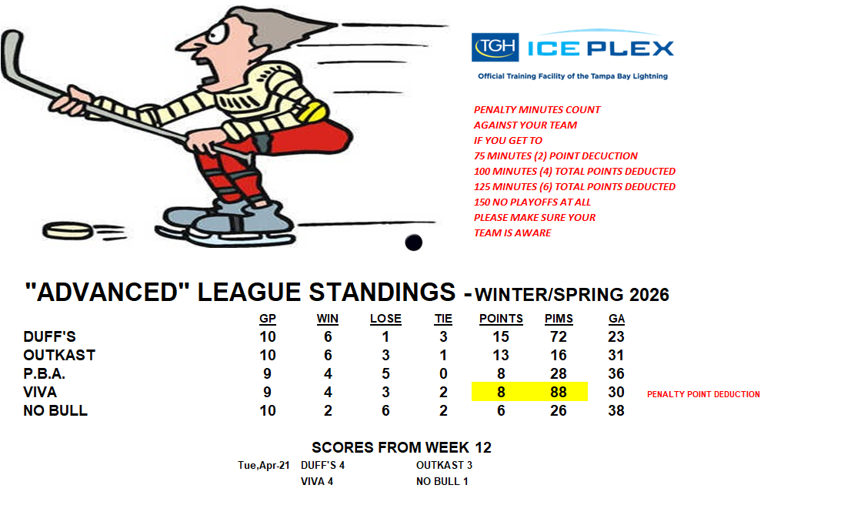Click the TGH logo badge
(x=495, y=48)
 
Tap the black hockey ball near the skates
(x=413, y=242)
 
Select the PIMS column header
(x=559, y=319)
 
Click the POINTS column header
(x=501, y=319)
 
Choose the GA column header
(x=616, y=319)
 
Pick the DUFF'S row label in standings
(x=49, y=337)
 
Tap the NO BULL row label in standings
(x=55, y=411)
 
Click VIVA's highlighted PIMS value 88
(x=559, y=392)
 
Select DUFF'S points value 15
(x=501, y=337)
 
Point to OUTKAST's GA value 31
(x=615, y=356)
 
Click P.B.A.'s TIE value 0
(x=443, y=373)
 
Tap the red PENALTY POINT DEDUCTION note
(x=703, y=394)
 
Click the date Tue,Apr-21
(x=264, y=465)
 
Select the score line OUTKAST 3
(x=444, y=465)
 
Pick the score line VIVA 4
(x=316, y=481)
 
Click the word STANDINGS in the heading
(x=382, y=293)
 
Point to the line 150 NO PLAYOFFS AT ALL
(x=532, y=202)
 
